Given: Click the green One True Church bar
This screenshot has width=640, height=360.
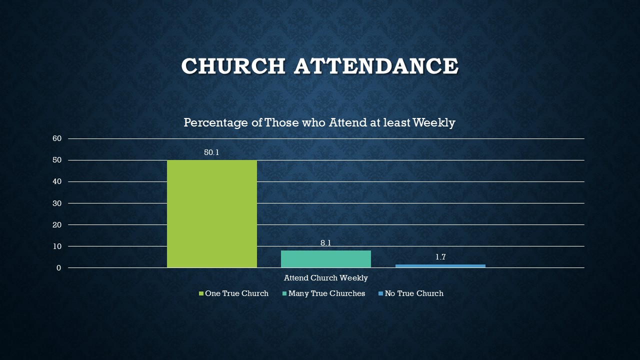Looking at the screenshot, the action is (x=212, y=213).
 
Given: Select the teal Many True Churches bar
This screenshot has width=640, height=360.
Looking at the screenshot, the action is (x=326, y=259).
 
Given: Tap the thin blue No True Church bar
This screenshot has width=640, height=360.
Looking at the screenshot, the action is (x=440, y=266).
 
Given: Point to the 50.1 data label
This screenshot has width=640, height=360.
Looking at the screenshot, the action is (x=211, y=152).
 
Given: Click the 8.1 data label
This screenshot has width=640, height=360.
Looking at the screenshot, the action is (x=325, y=243).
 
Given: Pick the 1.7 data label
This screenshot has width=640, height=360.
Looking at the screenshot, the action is (x=440, y=257).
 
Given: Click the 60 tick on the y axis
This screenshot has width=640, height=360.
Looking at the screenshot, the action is (x=57, y=138).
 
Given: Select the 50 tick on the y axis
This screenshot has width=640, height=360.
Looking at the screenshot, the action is (x=57, y=160).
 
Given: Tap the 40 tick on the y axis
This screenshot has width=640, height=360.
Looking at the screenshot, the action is (x=57, y=181).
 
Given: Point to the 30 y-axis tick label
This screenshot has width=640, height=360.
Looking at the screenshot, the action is (x=57, y=203).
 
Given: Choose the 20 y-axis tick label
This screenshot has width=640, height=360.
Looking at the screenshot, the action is (x=57, y=224).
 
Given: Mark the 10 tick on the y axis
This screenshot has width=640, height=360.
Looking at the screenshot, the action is (x=57, y=246).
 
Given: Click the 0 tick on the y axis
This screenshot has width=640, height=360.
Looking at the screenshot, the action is (x=59, y=267).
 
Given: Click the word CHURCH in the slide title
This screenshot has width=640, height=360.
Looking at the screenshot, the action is (x=233, y=65).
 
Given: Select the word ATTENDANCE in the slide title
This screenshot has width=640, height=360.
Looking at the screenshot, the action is (x=376, y=65).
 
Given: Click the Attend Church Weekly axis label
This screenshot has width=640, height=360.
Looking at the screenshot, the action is (x=325, y=278).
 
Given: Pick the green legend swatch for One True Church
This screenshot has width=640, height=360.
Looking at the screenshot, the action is (x=201, y=293).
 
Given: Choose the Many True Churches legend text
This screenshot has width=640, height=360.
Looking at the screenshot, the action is (x=326, y=293).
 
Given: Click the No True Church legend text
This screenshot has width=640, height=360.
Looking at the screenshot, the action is (x=414, y=293).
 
